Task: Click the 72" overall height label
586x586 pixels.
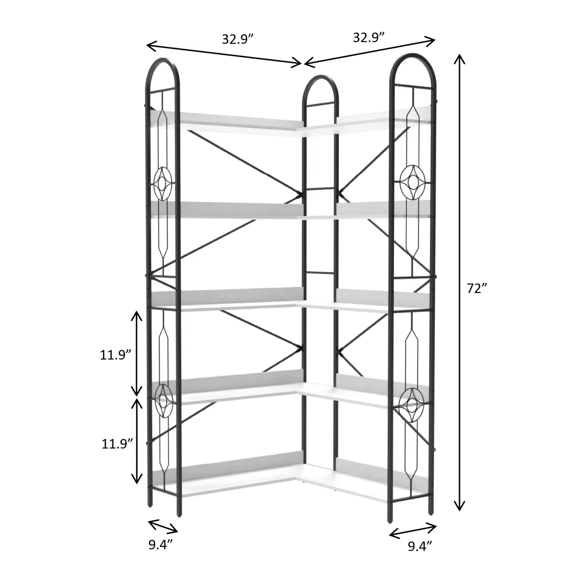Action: coord(477,288)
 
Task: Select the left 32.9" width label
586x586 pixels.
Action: coord(238,39)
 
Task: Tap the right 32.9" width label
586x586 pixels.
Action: coord(369,38)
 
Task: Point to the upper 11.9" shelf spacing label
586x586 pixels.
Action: coord(115,355)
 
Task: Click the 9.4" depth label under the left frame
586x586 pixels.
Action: coord(160,545)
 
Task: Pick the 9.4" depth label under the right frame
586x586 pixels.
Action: coord(420,546)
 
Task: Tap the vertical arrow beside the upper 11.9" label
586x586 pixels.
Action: coord(136,354)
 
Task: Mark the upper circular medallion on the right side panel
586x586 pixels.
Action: coord(413,181)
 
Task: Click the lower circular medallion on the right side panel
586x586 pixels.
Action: coord(412,404)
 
